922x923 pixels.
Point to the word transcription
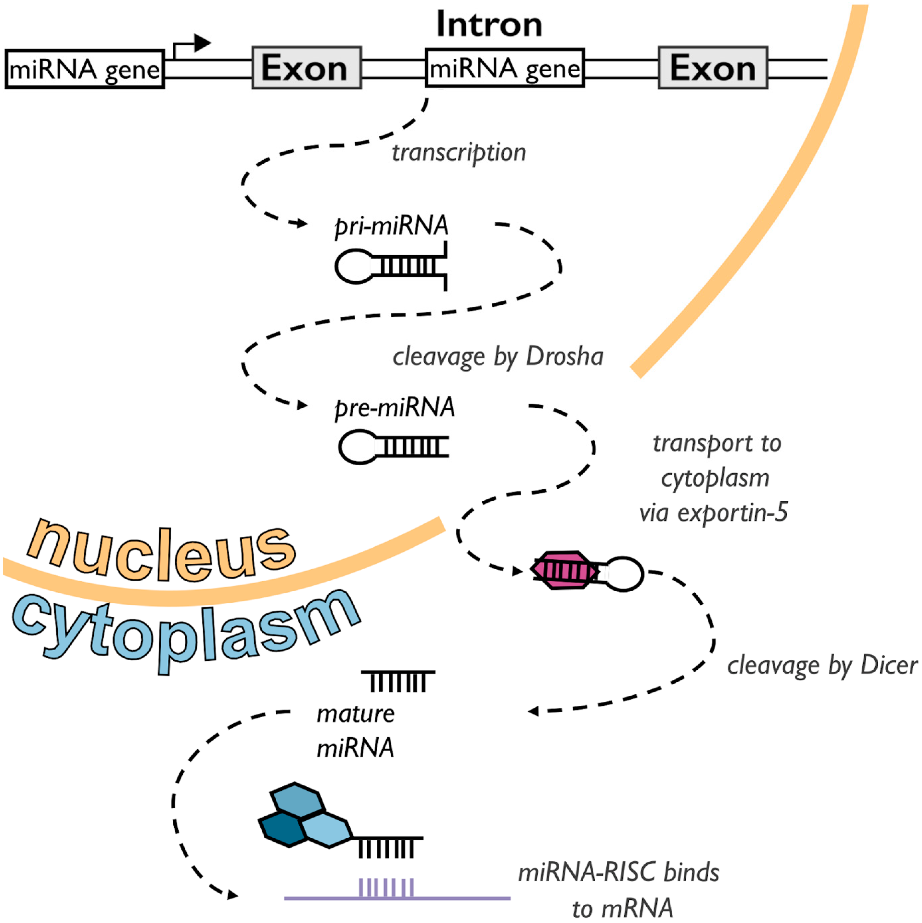tap(459, 153)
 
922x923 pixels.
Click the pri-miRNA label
tap(392, 225)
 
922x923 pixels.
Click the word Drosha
tap(565, 357)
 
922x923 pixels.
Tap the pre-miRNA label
tap(395, 407)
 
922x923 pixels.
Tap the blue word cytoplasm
tap(186, 631)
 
